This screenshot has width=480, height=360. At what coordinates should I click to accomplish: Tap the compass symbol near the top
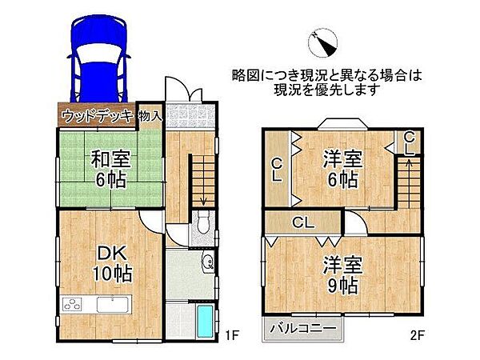click(x=325, y=41)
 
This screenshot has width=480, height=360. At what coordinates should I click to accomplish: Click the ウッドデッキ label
click(x=96, y=116)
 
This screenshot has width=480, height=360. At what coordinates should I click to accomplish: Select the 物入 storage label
click(x=150, y=116)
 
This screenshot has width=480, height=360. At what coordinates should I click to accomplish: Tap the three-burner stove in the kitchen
click(x=73, y=305)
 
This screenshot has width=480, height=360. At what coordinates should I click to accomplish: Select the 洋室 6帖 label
click(x=342, y=168)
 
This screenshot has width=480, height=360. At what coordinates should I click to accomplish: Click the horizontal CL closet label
click(x=302, y=222)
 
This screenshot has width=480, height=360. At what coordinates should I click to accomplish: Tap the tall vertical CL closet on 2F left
click(x=276, y=169)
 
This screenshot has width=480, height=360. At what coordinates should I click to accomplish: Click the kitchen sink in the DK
click(x=112, y=305)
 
